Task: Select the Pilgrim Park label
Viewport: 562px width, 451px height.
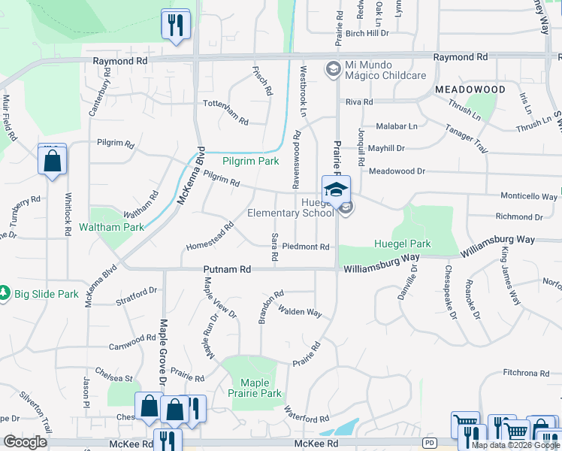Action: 250,161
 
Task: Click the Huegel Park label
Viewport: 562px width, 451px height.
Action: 403,244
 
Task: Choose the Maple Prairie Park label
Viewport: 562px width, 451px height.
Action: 260,388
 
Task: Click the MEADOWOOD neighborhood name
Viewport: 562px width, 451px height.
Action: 470,89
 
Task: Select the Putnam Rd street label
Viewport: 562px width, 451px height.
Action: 225,269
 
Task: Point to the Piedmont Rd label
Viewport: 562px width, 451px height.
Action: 306,247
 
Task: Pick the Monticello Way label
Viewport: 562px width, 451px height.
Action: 530,196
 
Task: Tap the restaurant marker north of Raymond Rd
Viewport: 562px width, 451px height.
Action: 176,26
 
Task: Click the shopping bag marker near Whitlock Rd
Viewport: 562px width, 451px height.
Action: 52,161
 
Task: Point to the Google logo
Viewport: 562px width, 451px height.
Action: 25,442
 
